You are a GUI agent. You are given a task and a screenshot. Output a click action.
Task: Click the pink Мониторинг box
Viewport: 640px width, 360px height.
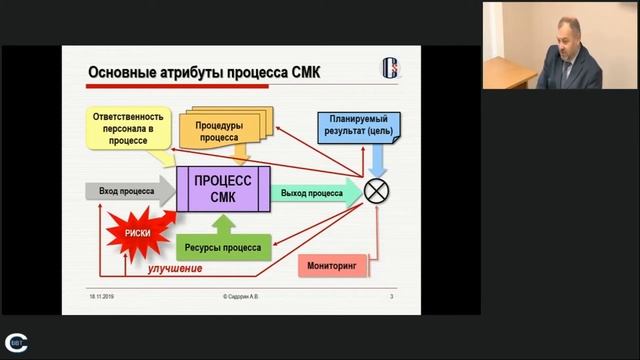[x=333, y=267]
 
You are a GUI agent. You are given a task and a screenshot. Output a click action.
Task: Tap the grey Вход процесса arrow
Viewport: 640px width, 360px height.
[x=125, y=190]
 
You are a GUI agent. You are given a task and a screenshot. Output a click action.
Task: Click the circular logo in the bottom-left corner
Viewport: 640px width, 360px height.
[x=16, y=341]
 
